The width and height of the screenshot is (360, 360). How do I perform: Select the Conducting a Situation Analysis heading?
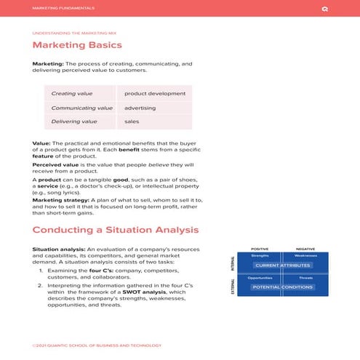(x=115, y=230)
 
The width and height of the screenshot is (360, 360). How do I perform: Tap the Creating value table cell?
(x=71, y=94)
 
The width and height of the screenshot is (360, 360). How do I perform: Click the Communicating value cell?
(x=81, y=108)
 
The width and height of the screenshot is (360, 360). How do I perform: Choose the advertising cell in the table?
(x=140, y=108)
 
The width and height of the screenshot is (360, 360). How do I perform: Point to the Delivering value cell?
(x=73, y=121)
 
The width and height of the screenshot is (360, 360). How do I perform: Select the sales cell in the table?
(x=132, y=121)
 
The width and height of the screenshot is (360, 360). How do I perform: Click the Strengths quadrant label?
(x=260, y=256)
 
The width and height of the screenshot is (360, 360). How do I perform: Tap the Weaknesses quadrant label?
(x=305, y=256)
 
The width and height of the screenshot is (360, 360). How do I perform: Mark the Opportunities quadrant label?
(x=260, y=278)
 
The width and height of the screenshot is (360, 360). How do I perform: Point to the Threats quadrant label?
(x=305, y=278)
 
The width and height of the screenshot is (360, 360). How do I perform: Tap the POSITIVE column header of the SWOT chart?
(x=260, y=249)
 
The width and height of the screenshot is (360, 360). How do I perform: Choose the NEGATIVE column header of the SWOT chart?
(x=305, y=249)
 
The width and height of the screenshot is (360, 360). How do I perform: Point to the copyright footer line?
(x=91, y=346)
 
